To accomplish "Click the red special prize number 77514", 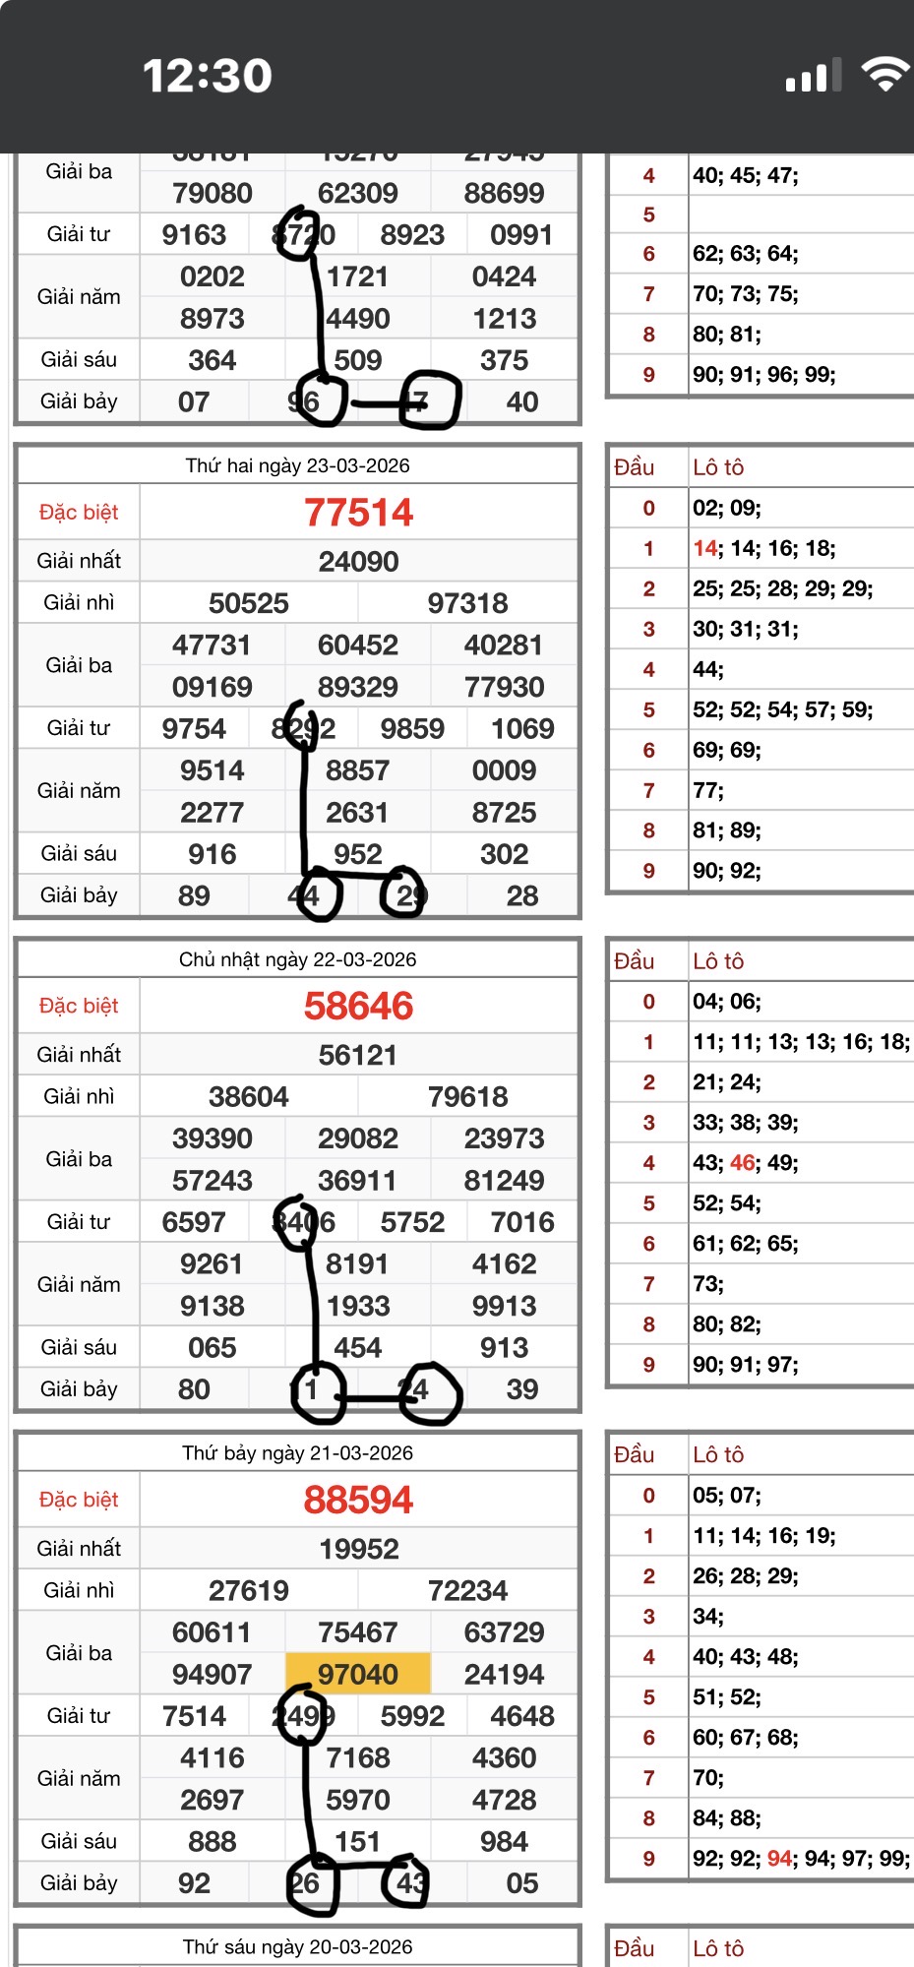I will [358, 513].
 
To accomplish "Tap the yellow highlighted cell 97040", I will [358, 1674].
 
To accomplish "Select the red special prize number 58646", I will [358, 1007].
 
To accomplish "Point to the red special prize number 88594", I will [358, 1501].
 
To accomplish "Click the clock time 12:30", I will [208, 76].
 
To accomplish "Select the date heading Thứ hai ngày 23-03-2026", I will [297, 465].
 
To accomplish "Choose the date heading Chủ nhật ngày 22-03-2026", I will [297, 959].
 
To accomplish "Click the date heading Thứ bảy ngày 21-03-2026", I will [297, 1453].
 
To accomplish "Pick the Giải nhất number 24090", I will [358, 562].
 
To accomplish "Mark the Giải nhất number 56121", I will [358, 1056].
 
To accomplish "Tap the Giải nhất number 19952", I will [358, 1550].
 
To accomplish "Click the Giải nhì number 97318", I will [467, 603].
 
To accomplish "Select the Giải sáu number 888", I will [212, 1841].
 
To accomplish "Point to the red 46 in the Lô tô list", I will [742, 1163].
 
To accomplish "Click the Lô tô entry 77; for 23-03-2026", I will [707, 791].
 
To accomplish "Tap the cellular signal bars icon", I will [813, 76].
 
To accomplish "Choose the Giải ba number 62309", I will [358, 193].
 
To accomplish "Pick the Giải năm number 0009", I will [504, 770].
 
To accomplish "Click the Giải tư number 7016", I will [522, 1222].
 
